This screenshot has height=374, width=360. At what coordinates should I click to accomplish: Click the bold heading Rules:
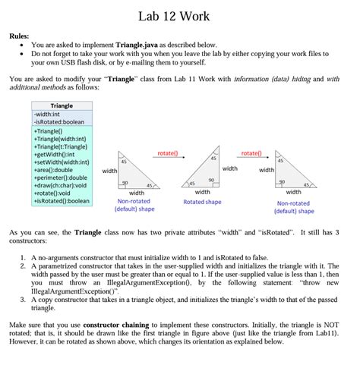coord(21,36)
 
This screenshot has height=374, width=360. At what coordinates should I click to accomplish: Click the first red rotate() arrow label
coord(167,154)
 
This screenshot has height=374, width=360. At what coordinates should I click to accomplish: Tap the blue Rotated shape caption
coord(203,202)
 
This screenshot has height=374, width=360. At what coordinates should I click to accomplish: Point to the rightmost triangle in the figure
coord(293,171)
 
